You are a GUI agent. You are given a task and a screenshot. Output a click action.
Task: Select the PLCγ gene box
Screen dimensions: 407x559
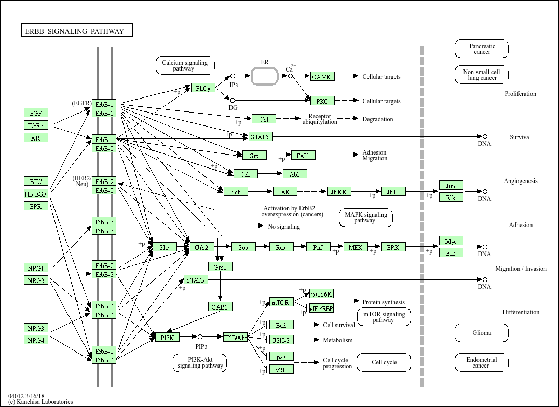click(202, 88)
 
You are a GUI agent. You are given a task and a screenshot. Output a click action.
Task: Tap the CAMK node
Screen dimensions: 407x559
click(322, 77)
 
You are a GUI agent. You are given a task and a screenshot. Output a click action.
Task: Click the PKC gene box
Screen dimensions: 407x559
click(322, 101)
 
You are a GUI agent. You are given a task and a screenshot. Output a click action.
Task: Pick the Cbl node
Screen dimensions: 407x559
click(264, 119)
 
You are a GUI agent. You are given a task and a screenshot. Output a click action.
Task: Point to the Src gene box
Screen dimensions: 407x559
click(254, 155)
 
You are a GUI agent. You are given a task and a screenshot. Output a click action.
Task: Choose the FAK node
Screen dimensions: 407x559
click(303, 155)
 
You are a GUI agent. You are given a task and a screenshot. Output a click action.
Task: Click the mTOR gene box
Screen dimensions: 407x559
click(281, 302)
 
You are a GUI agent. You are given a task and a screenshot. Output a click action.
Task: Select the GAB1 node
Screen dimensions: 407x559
click(220, 307)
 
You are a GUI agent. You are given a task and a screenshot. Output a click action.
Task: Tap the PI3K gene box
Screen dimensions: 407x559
click(167, 338)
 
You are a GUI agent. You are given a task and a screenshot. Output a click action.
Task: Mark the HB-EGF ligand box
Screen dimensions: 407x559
click(36, 194)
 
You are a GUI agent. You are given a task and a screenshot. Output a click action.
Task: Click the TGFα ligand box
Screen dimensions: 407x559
click(36, 125)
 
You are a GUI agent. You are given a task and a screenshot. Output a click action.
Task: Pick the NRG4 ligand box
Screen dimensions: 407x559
click(36, 340)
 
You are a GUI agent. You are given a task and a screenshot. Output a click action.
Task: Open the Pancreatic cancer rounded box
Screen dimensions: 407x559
click(482, 49)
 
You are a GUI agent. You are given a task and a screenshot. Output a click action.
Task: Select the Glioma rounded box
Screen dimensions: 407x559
click(482, 333)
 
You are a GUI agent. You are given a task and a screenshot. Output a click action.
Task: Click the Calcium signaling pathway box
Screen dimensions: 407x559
click(185, 65)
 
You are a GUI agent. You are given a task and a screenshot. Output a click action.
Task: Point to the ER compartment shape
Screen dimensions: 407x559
click(265, 76)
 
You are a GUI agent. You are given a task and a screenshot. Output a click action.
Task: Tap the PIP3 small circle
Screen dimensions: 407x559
click(200, 337)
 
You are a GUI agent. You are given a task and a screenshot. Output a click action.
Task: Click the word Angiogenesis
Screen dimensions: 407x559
click(521, 181)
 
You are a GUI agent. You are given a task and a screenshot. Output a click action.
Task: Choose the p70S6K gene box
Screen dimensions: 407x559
click(322, 294)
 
